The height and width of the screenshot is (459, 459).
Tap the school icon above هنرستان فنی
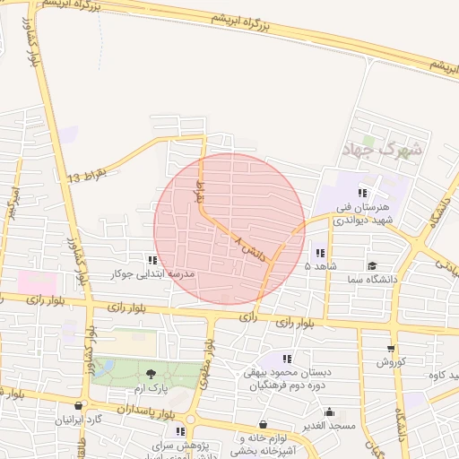[x=362, y=193]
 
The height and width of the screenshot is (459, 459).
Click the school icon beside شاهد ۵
[x=320, y=253]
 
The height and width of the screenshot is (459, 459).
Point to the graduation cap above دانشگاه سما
[x=372, y=265]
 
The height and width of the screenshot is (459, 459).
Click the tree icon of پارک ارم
[x=150, y=374]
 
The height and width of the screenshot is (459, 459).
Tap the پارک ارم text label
[x=150, y=388]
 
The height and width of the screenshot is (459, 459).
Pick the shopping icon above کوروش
[x=390, y=349]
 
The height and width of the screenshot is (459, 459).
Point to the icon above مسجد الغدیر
[x=331, y=412]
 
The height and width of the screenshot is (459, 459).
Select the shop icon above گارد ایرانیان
[x=80, y=405]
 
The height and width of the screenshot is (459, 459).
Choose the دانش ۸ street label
[x=251, y=249]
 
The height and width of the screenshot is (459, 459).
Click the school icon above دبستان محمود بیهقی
[x=287, y=359]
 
